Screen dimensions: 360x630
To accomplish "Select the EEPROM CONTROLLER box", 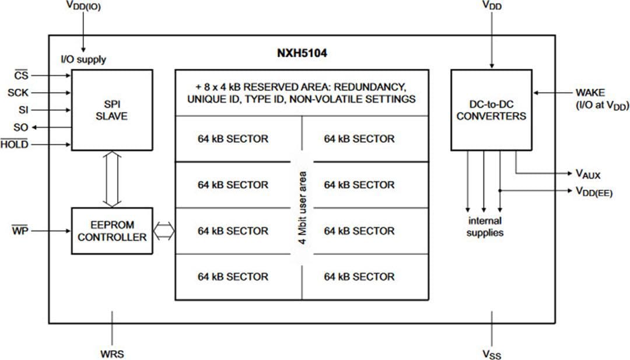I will (x=113, y=231).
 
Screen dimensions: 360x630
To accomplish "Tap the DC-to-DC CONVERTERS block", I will (x=491, y=110).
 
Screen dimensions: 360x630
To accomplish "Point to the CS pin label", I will (x=22, y=75).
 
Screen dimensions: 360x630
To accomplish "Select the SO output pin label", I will (x=20, y=127).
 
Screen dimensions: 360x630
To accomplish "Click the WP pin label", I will (x=19, y=232).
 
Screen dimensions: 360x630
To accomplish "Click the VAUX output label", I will (x=588, y=174).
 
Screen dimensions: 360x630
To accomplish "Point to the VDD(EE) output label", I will (x=593, y=191).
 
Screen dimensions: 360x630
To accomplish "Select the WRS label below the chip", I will (x=112, y=354).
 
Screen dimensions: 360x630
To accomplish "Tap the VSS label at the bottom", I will (x=492, y=354).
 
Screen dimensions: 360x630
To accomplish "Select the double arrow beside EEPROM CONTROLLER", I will (x=164, y=231).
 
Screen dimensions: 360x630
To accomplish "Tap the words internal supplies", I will (x=485, y=227).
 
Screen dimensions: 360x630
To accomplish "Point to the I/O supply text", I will (x=83, y=60).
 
